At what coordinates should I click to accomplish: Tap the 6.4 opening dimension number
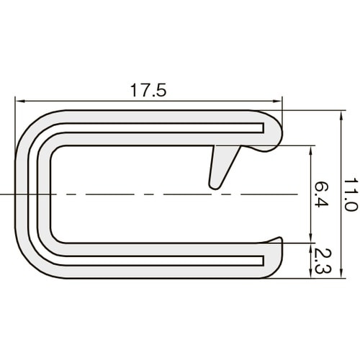point(321,194)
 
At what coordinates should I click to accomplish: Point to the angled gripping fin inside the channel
point(220,166)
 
